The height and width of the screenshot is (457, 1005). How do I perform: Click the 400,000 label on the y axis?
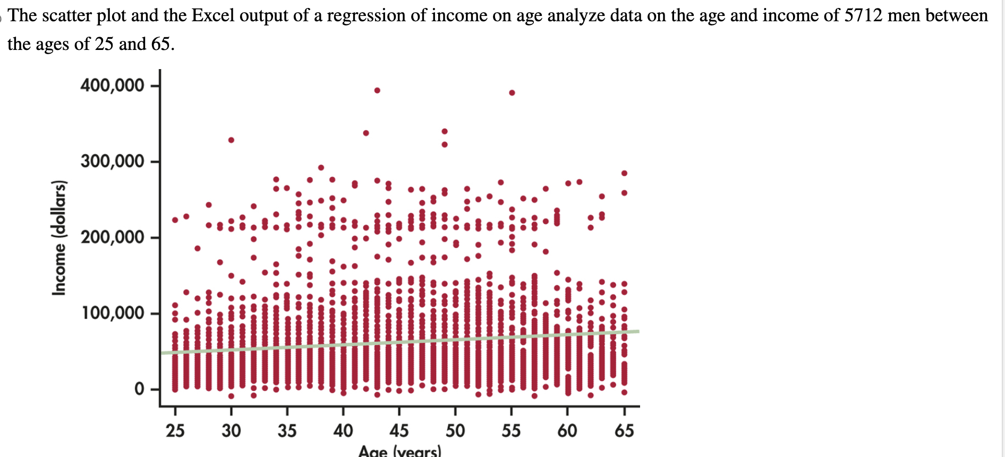point(112,85)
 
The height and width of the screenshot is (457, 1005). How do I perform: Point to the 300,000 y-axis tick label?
point(112,161)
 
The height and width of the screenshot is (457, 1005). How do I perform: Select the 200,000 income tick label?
point(112,237)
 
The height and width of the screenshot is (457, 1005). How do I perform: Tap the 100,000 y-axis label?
point(112,313)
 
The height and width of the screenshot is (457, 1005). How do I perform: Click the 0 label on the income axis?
point(139,389)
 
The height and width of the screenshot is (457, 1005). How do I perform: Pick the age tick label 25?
point(175,430)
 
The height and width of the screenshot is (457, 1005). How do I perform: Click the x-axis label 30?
point(231,430)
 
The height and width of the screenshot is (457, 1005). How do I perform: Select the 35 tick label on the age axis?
point(287,430)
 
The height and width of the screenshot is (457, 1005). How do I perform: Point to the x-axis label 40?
point(343,430)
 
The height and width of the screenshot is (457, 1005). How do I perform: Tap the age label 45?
point(399,430)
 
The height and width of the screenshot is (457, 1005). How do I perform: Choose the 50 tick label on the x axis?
point(455,430)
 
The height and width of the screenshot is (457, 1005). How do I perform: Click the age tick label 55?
point(511,430)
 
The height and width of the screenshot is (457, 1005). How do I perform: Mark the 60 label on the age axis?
point(567,430)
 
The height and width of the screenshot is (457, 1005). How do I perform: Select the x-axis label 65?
point(624,430)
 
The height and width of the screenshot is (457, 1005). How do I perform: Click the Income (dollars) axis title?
point(59,238)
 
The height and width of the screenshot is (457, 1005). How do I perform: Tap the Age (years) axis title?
point(399,452)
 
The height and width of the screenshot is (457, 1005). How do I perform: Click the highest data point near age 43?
point(377,90)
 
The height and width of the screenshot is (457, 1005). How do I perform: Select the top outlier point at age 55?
point(512,92)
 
